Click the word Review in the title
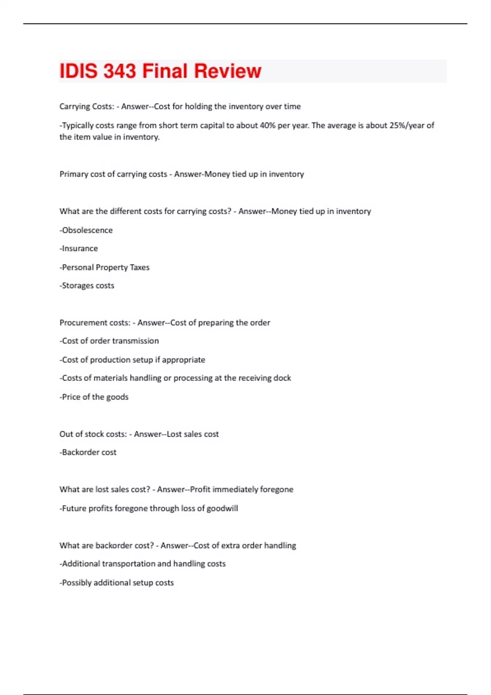[227, 71]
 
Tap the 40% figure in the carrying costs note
[267, 126]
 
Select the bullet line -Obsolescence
[86, 230]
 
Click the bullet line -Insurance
[79, 249]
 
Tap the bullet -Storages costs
[87, 286]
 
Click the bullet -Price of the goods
[94, 397]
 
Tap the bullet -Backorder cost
[88, 453]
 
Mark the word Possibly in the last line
[77, 583]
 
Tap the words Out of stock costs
[93, 434]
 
